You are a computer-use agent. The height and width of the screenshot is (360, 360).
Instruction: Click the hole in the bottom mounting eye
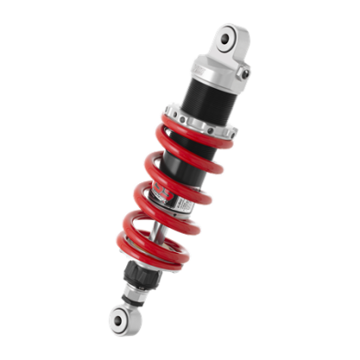click(119, 318)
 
